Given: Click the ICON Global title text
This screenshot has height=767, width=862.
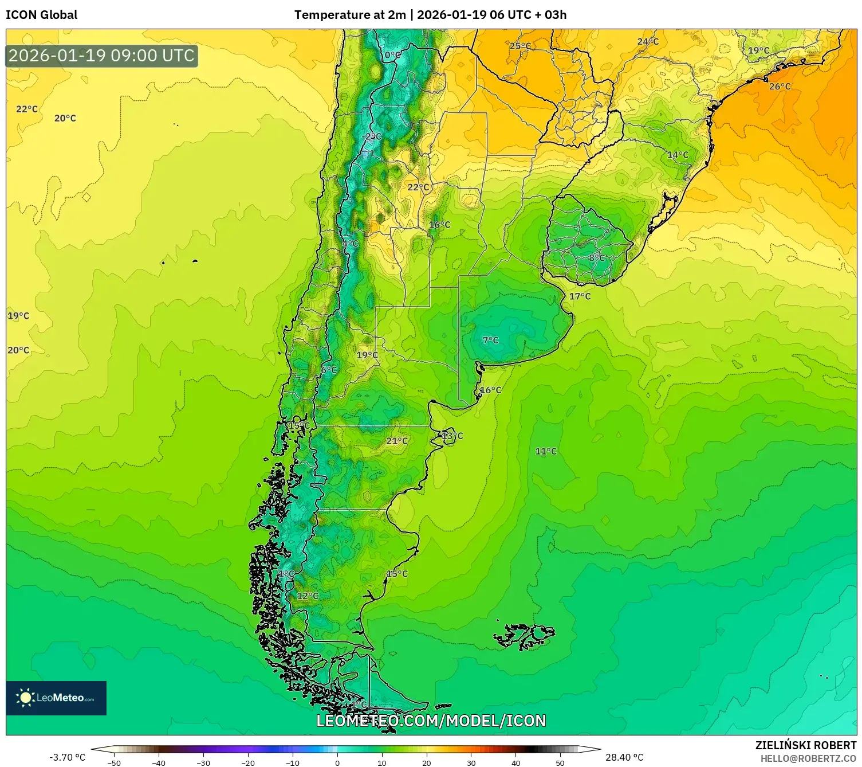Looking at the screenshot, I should pyautogui.click(x=41, y=15).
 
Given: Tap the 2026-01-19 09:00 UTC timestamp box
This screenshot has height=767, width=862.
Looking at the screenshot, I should pyautogui.click(x=102, y=56).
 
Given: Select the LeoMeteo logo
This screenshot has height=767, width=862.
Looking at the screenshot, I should pyautogui.click(x=56, y=698).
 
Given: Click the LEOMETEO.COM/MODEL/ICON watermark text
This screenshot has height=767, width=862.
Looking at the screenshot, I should pyautogui.click(x=431, y=721).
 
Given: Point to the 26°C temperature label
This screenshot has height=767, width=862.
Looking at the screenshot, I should pyautogui.click(x=780, y=87).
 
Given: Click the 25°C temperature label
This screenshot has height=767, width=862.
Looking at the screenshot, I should pyautogui.click(x=519, y=46).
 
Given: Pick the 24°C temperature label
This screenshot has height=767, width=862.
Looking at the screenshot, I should pyautogui.click(x=648, y=41).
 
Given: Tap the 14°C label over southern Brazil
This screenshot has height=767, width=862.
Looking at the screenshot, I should pyautogui.click(x=678, y=155).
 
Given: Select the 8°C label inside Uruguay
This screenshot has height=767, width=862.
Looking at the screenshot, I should pyautogui.click(x=597, y=258).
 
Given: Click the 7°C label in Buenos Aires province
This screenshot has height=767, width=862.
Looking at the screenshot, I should pyautogui.click(x=490, y=340).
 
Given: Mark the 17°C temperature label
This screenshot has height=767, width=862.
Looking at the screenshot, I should pyautogui.click(x=580, y=296).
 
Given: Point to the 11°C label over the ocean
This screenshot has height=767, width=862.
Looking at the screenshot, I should pyautogui.click(x=546, y=451).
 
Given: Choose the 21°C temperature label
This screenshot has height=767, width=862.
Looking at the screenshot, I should pyautogui.click(x=397, y=441).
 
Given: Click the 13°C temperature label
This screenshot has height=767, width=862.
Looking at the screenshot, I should pyautogui.click(x=452, y=436).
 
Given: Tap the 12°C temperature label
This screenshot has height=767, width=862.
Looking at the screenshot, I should pyautogui.click(x=308, y=596).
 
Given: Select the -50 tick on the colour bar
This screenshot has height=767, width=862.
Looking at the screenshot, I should pyautogui.click(x=114, y=762).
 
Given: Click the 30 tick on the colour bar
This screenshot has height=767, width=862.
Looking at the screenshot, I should pyautogui.click(x=471, y=762).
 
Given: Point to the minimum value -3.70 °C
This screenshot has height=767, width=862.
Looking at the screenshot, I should pyautogui.click(x=67, y=757).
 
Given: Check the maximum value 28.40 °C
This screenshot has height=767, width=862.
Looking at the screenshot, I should pyautogui.click(x=624, y=757).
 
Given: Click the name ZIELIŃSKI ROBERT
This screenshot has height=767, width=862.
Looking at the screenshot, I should pyautogui.click(x=805, y=745).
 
